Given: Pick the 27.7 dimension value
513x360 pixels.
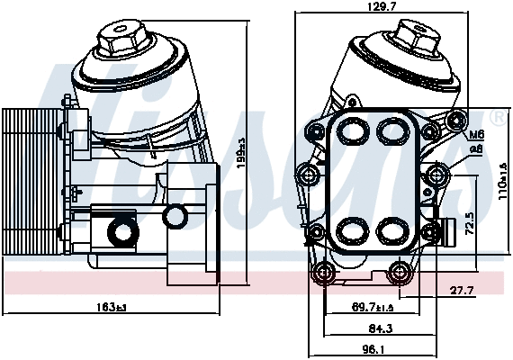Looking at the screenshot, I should click(460, 289).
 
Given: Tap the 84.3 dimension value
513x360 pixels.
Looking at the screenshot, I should click(368, 328).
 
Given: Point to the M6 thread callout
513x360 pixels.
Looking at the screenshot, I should click(477, 135).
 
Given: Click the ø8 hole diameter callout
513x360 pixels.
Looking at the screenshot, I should click(477, 148).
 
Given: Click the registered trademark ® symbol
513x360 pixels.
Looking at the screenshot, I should click(498, 118).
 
